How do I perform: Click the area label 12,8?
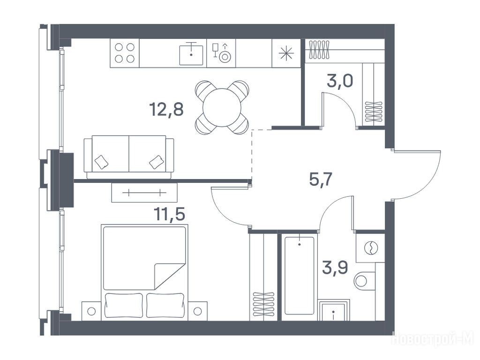pyautogui.click(x=166, y=109)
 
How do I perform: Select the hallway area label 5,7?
pyautogui.click(x=321, y=179)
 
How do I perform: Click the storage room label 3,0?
pyautogui.click(x=340, y=81)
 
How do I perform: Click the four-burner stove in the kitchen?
pyautogui.click(x=125, y=53)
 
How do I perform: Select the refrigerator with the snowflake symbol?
pyautogui.click(x=286, y=53)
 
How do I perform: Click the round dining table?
pyautogui.click(x=222, y=107)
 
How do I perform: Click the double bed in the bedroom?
pyautogui.click(x=144, y=272)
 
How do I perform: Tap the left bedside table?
pyautogui.click(x=91, y=311)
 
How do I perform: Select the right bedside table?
pyautogui.click(x=197, y=311)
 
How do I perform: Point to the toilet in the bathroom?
pyautogui.click(x=365, y=280)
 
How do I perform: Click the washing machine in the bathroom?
pyautogui.click(x=370, y=247)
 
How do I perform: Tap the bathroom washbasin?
pyautogui.click(x=333, y=311)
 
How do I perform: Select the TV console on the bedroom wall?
pyautogui.click(x=144, y=193)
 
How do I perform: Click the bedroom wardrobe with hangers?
pyautogui.click(x=263, y=277)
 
